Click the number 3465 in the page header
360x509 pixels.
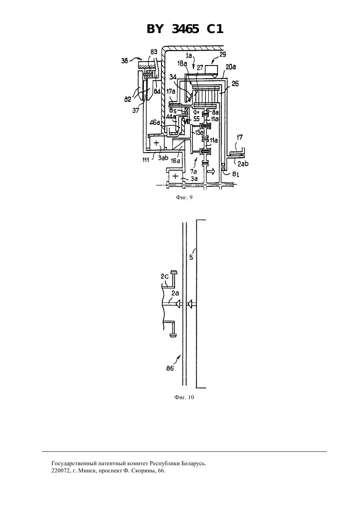(x=185, y=29)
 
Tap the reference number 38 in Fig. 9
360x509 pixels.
(x=124, y=61)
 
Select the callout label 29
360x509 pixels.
(x=223, y=55)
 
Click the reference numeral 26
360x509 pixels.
(x=235, y=84)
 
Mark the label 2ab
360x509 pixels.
(x=243, y=164)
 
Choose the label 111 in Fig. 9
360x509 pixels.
(x=145, y=160)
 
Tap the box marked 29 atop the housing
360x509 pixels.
(x=211, y=70)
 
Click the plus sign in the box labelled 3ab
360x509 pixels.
(x=156, y=143)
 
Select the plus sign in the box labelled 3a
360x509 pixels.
(x=175, y=176)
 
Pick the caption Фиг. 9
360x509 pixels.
(x=184, y=197)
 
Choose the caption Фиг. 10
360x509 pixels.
(x=184, y=397)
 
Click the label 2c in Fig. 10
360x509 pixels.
(x=165, y=276)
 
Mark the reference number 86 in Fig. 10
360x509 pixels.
(x=170, y=368)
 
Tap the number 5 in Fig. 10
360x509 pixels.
(x=191, y=257)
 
